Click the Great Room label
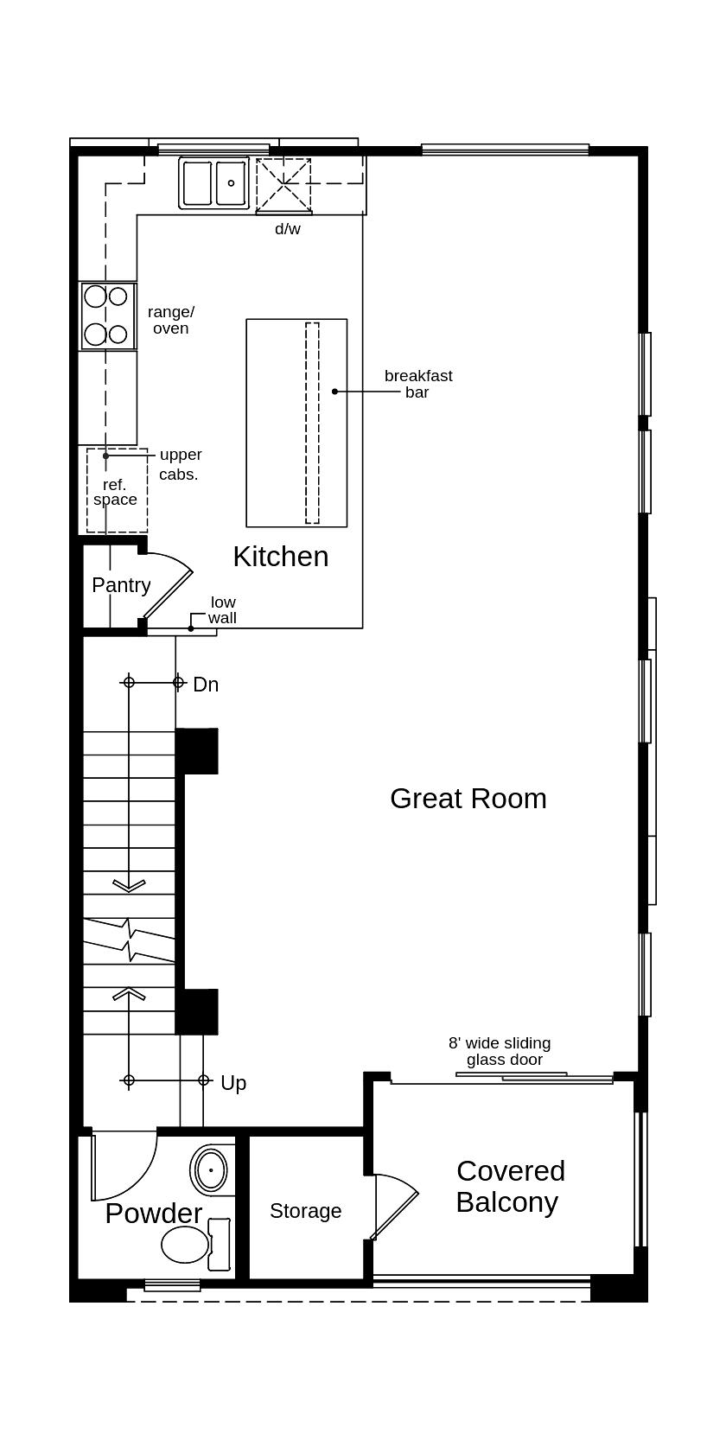point(468,798)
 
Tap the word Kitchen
point(280,556)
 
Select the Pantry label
point(121,585)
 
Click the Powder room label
point(153,1213)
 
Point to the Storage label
point(305,1211)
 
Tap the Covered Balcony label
point(509,1186)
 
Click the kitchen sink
point(213,182)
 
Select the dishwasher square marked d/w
point(283,184)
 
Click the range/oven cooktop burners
point(107,315)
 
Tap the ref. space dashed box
point(116,491)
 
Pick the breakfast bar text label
point(418,384)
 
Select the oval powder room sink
point(211,1170)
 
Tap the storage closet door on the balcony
point(393,1206)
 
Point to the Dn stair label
point(206,685)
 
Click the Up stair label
point(233,1083)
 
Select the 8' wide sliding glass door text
point(500,1051)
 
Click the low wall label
point(222,609)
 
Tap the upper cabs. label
point(180,464)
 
